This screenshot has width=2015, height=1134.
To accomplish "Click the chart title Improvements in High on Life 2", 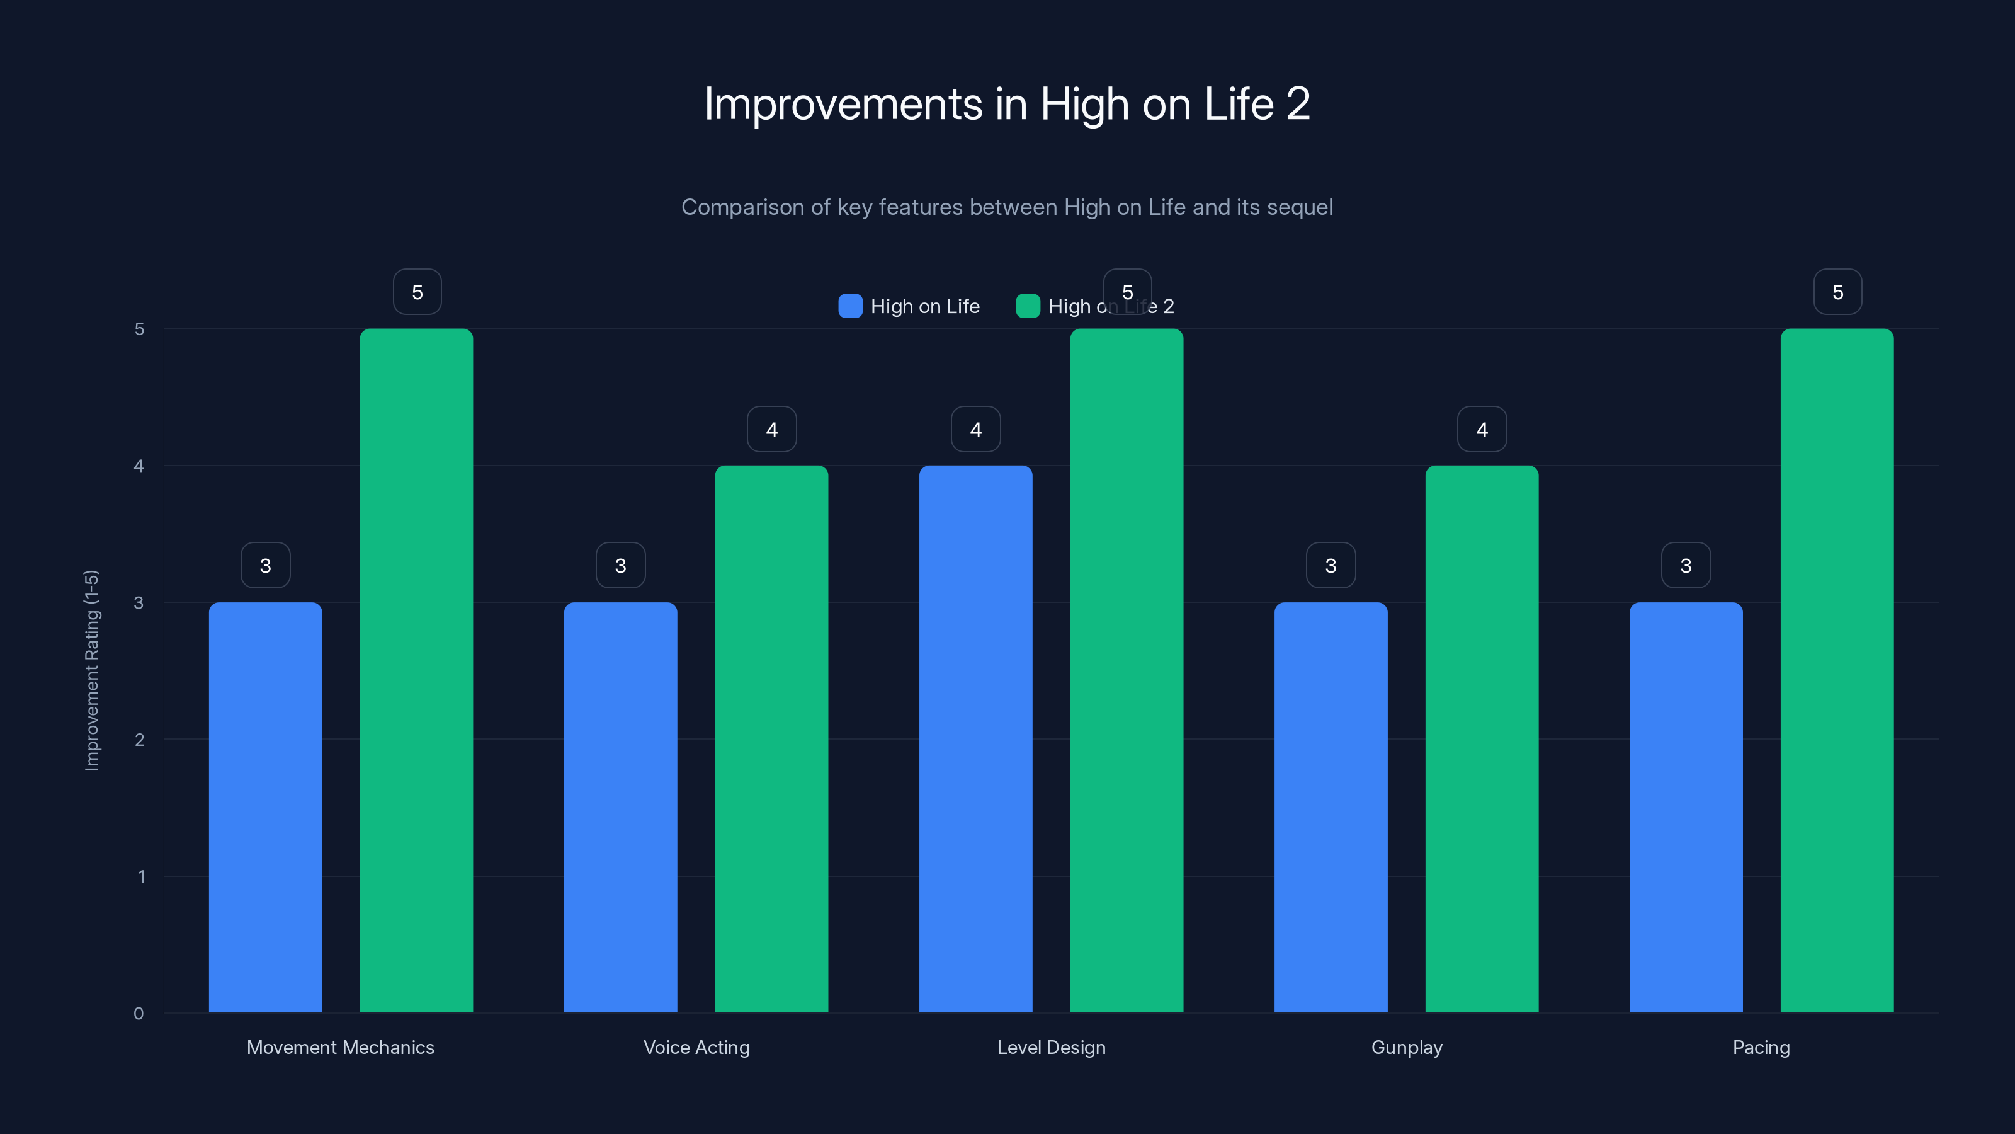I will click(1007, 103).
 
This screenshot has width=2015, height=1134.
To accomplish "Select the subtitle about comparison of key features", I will click(1007, 207).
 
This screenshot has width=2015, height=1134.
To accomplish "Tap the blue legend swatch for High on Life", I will click(850, 306).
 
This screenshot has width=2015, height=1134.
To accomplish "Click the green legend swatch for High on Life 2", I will click(1028, 306).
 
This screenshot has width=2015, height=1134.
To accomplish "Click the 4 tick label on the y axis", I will click(139, 466).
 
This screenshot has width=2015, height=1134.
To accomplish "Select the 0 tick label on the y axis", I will click(139, 1014).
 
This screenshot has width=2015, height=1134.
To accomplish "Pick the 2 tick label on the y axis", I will click(139, 740).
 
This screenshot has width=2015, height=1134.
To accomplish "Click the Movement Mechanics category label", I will click(340, 1047).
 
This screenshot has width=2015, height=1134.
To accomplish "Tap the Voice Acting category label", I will click(696, 1047).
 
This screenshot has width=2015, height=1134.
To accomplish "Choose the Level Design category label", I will click(1052, 1047).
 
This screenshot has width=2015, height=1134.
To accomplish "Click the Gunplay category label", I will click(1407, 1047).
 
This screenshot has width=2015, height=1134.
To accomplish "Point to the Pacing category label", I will click(1761, 1047).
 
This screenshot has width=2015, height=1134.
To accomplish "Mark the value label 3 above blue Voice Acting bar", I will click(620, 565).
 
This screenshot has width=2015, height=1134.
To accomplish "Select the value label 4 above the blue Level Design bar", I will click(975, 429).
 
